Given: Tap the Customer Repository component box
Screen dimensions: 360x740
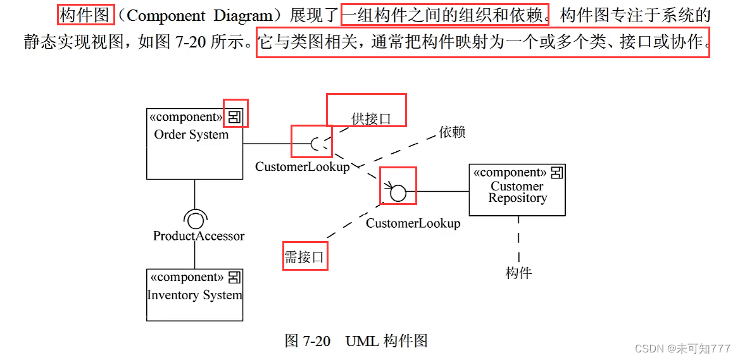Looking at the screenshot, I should [517, 190].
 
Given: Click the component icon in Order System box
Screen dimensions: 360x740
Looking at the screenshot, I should [235, 116].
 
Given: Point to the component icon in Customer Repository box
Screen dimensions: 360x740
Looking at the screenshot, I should [557, 172].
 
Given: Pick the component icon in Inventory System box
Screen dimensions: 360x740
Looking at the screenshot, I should [234, 277].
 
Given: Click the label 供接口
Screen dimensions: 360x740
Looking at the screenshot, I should [371, 118].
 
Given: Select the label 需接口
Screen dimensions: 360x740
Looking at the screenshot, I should [304, 256].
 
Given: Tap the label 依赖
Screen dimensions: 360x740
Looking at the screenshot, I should [452, 132].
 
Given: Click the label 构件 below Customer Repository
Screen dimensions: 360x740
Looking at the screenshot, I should [518, 273].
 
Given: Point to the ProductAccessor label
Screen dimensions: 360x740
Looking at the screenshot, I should [199, 236].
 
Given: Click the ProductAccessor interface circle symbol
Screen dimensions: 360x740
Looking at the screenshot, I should [195, 220].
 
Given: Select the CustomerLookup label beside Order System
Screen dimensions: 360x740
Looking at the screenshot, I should [302, 167].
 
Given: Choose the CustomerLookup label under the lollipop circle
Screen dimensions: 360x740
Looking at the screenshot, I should [413, 223].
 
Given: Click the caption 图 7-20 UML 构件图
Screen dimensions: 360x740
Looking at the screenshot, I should [356, 342].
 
